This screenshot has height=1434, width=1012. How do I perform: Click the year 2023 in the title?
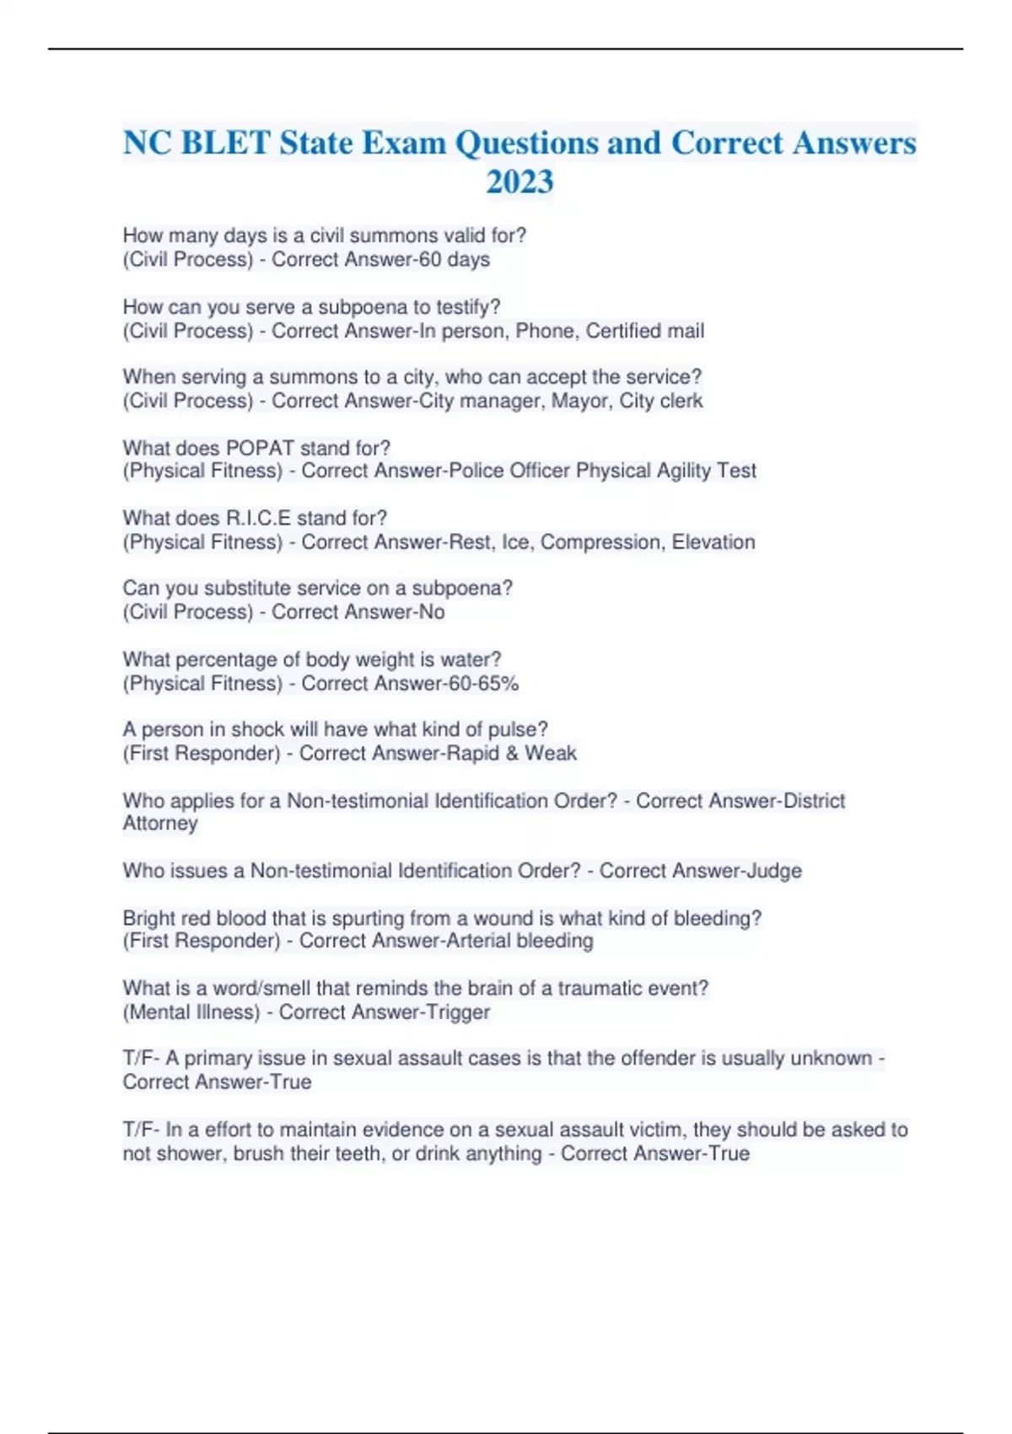pos(519,182)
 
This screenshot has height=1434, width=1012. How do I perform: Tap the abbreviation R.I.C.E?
pos(258,518)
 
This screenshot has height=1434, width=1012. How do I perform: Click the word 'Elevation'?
pos(713,542)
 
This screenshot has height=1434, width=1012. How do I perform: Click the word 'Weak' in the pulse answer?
pos(551,753)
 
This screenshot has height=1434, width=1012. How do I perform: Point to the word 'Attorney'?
pos(160,823)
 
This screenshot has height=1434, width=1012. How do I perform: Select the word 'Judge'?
pos(774,871)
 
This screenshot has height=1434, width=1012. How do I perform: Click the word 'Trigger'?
pos(457,1012)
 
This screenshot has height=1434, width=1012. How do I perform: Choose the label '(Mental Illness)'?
pos(191,1012)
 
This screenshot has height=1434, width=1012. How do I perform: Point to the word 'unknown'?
pos(831,1059)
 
